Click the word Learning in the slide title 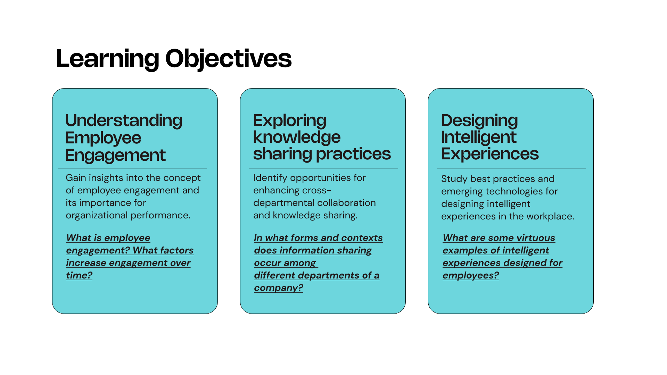click(x=108, y=59)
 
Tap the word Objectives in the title click(x=229, y=58)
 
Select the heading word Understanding click(x=124, y=121)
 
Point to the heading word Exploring click(x=290, y=121)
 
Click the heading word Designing click(x=479, y=121)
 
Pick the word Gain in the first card click(x=76, y=178)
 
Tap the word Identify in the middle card click(x=270, y=178)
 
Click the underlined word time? click(x=79, y=275)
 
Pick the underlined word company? click(x=278, y=288)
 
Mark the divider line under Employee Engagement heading click(x=132, y=168)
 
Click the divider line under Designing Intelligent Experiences click(x=511, y=168)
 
